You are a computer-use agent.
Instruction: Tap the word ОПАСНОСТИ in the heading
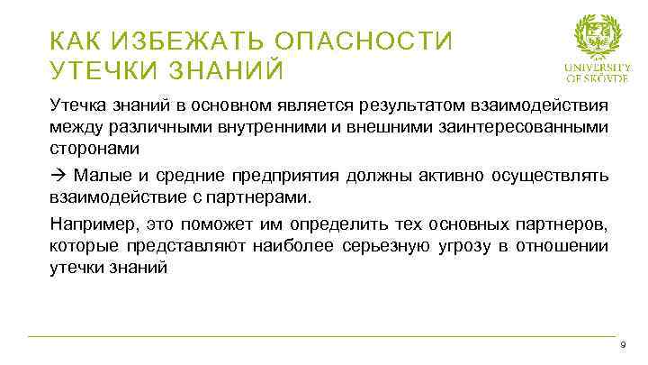pyautogui.click(x=364, y=41)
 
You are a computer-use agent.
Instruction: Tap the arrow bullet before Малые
pyautogui.click(x=57, y=174)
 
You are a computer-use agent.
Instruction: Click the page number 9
pyautogui.click(x=623, y=346)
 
